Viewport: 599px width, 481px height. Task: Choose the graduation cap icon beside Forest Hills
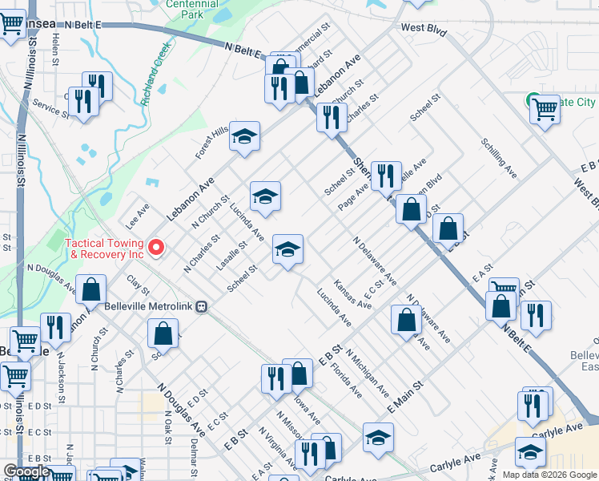point(245,135)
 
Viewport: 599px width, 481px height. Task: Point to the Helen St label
point(56,49)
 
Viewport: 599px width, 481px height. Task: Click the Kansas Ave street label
point(352,294)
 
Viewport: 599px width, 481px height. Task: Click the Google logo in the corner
point(26,471)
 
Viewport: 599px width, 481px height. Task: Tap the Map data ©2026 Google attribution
point(549,475)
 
